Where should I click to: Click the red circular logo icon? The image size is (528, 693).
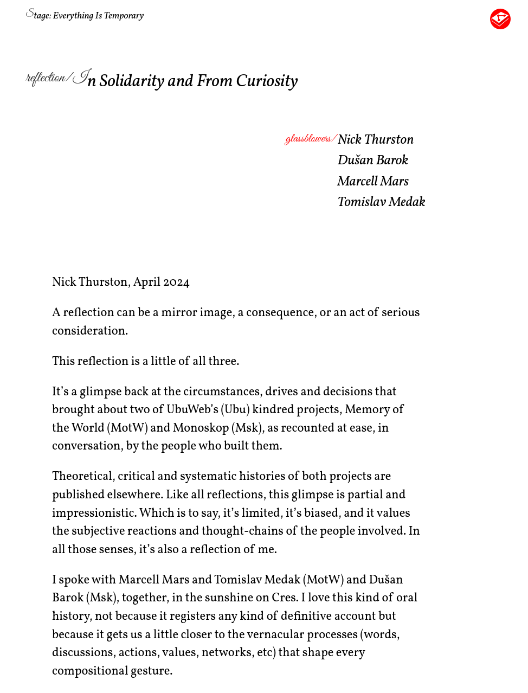click(x=500, y=19)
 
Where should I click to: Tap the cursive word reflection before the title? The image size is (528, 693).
click(x=46, y=78)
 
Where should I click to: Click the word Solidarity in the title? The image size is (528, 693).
click(x=132, y=81)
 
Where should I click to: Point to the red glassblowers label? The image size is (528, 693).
click(x=308, y=139)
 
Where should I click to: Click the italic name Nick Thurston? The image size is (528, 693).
click(x=375, y=139)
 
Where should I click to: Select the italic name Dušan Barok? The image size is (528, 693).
click(x=372, y=160)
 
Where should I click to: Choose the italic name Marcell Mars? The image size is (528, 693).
click(x=372, y=181)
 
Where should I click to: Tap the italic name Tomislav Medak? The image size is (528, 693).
click(x=381, y=202)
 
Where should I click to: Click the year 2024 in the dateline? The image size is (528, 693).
click(x=176, y=283)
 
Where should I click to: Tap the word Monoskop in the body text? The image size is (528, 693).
click(x=201, y=428)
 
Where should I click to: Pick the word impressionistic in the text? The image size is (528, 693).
click(x=94, y=513)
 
